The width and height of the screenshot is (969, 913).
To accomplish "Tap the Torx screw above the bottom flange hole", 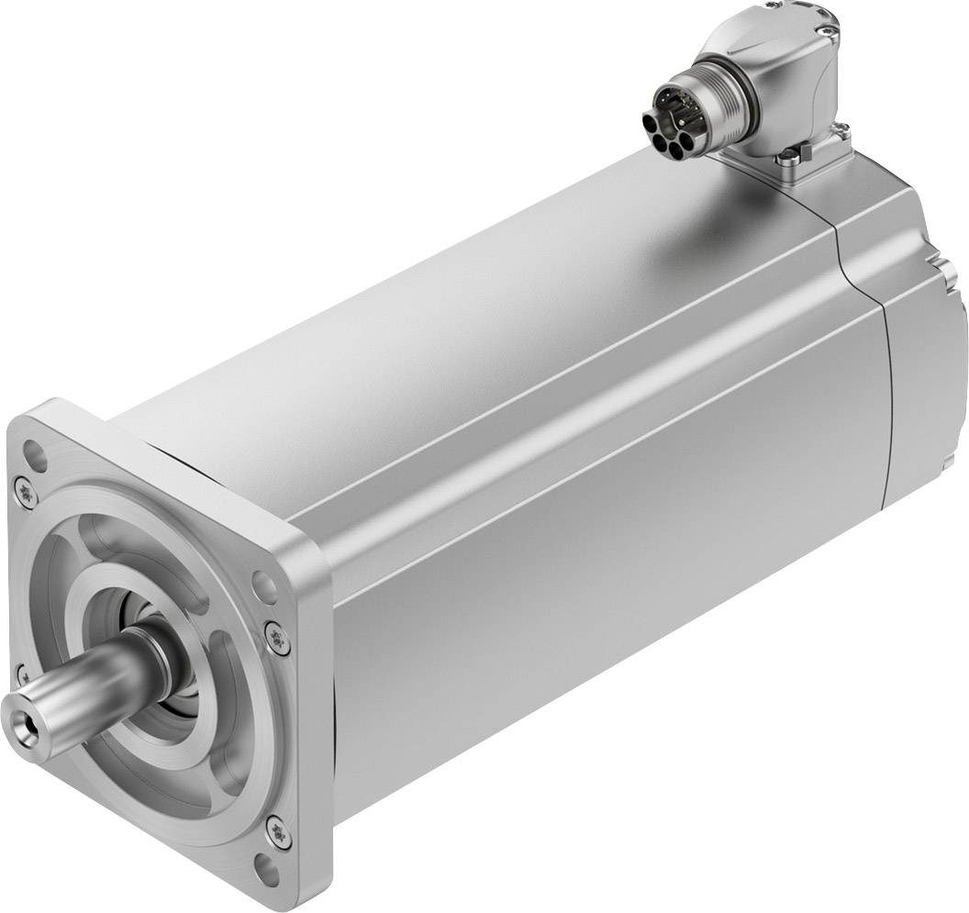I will pos(273,830).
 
